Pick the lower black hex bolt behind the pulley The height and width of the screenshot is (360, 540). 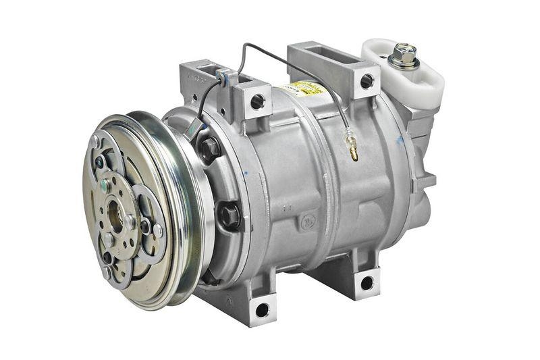[229, 214]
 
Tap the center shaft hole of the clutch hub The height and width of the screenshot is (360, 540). [115, 219]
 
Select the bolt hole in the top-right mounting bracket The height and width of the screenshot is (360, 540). [367, 82]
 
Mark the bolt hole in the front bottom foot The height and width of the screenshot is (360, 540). [262, 309]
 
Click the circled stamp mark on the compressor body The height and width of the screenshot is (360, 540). [308, 222]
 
